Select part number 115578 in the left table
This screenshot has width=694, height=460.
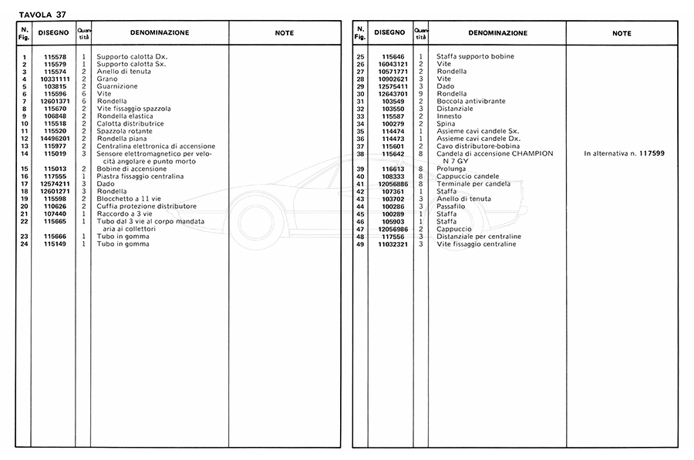click(x=56, y=57)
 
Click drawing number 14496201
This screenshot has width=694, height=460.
click(x=56, y=139)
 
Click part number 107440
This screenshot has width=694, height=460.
click(x=56, y=214)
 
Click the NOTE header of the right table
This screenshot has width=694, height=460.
click(x=622, y=34)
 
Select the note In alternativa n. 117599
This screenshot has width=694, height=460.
click(x=624, y=154)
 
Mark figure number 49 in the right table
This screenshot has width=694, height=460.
click(x=360, y=244)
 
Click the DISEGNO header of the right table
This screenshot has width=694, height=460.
click(x=390, y=33)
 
